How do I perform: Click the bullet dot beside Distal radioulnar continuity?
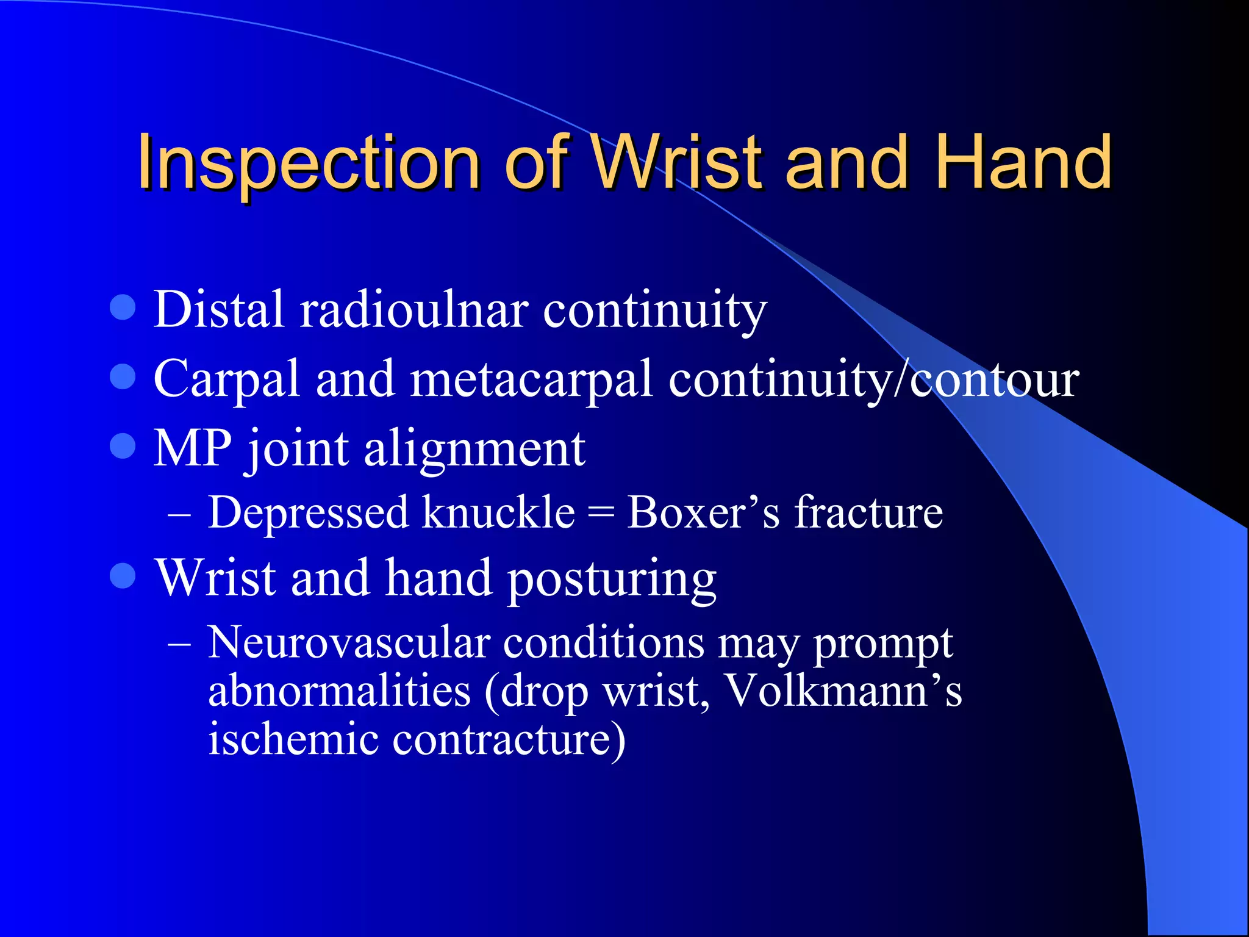click(123, 307)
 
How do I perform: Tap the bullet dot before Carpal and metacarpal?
click(123, 376)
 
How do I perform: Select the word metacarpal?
click(531, 379)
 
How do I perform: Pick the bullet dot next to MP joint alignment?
click(123, 446)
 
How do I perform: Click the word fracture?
click(868, 512)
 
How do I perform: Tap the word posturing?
click(612, 580)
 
